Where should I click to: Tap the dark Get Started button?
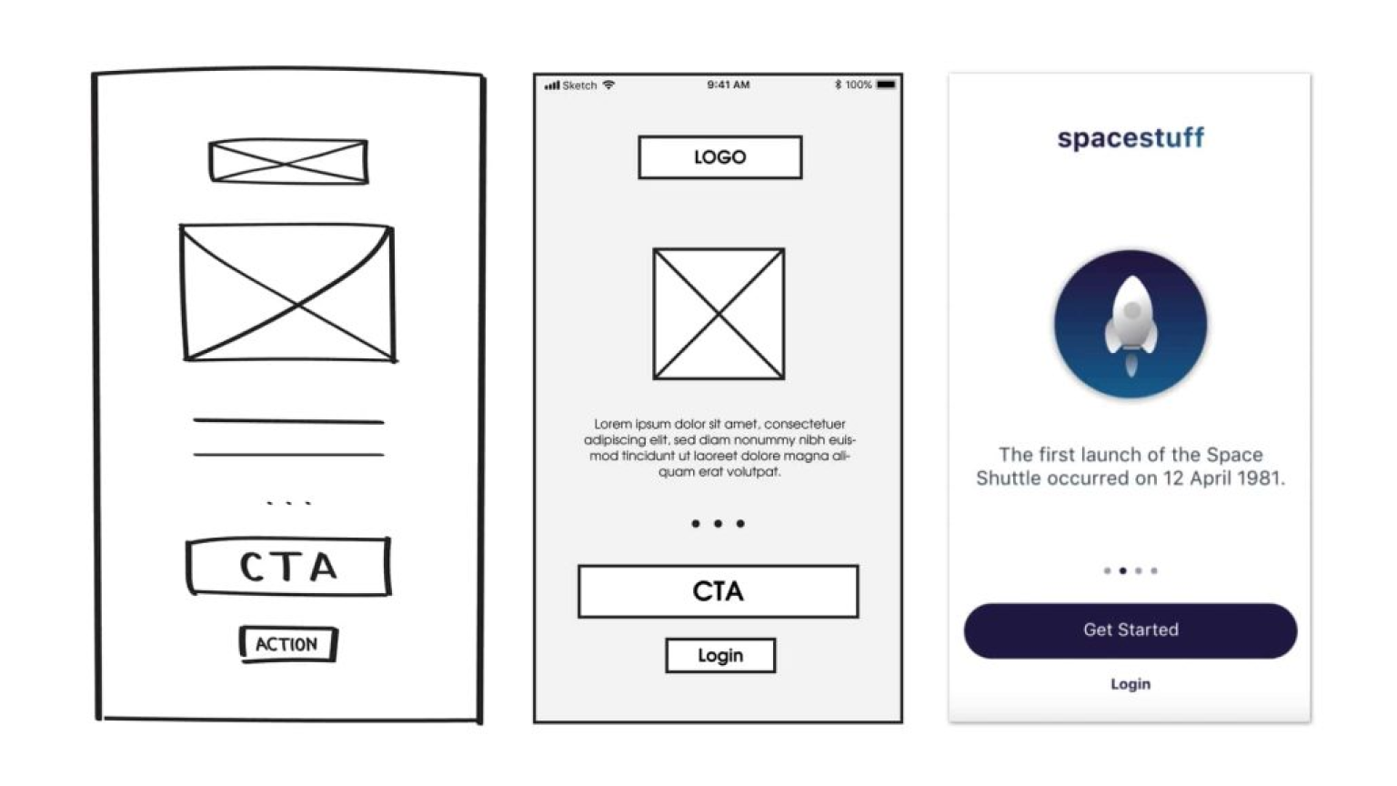pyautogui.click(x=1131, y=630)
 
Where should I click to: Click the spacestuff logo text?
pyautogui.click(x=1131, y=138)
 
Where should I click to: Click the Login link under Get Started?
pyautogui.click(x=1131, y=684)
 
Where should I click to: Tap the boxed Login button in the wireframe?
pyautogui.click(x=720, y=655)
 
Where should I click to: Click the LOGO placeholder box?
pyautogui.click(x=719, y=157)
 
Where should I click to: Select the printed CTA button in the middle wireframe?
pyautogui.click(x=718, y=591)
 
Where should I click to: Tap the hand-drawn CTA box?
pyautogui.click(x=288, y=567)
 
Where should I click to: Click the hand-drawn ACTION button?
pyautogui.click(x=288, y=644)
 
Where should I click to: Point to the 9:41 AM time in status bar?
pyautogui.click(x=728, y=85)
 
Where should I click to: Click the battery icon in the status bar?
pyautogui.click(x=886, y=85)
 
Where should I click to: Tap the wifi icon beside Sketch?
pyautogui.click(x=608, y=85)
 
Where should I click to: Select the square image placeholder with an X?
pyautogui.click(x=719, y=314)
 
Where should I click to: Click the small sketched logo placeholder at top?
pyautogui.click(x=288, y=162)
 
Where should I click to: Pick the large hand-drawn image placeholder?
pyautogui.click(x=288, y=293)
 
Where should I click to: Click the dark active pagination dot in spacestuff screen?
pyautogui.click(x=1122, y=570)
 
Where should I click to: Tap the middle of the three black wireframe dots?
pyautogui.click(x=718, y=523)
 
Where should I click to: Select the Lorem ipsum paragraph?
pyautogui.click(x=719, y=448)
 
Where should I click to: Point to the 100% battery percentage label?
pyautogui.click(x=859, y=85)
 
